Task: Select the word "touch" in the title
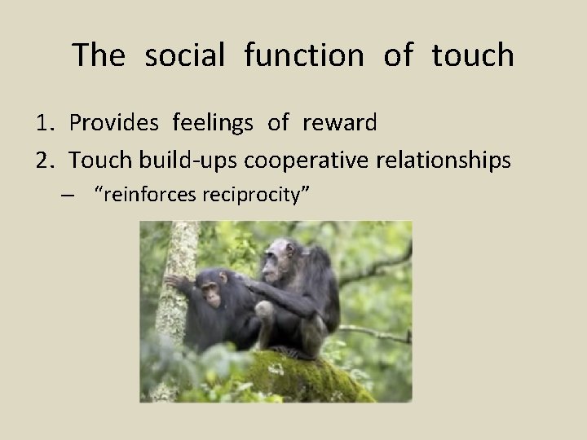point(473,55)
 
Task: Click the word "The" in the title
point(99,55)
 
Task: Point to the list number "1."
point(46,124)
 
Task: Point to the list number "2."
point(46,161)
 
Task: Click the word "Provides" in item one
point(115,124)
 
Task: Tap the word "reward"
point(340,124)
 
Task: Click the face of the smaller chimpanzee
point(210,296)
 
